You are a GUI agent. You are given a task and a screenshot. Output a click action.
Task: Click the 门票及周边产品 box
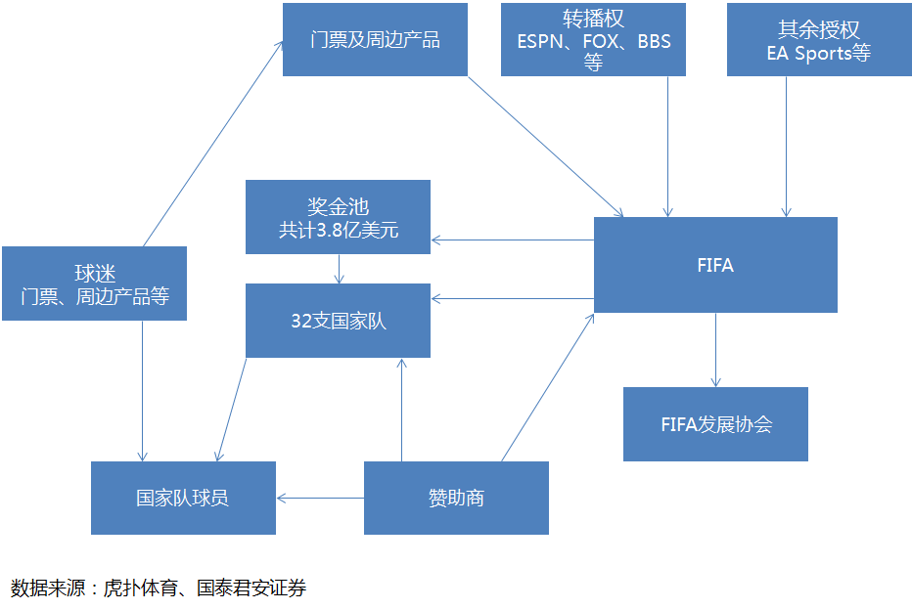[x=375, y=39]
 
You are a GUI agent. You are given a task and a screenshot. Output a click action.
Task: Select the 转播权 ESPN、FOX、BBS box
[x=593, y=39]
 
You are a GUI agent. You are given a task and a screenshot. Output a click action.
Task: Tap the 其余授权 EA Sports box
[x=818, y=39]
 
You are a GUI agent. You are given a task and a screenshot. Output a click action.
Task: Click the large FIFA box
[x=715, y=265]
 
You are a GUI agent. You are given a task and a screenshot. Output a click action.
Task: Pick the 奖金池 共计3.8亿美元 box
[x=338, y=217]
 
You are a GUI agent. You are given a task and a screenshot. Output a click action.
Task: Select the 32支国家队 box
[x=338, y=321]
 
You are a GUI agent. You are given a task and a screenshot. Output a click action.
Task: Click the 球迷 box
[x=94, y=283]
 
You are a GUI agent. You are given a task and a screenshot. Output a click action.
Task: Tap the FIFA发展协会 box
[x=715, y=424]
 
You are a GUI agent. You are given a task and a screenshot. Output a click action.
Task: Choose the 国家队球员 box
[x=183, y=499]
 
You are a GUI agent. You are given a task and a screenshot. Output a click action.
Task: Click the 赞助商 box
[x=456, y=499]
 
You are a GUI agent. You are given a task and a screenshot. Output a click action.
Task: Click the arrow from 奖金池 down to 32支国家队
[x=339, y=269]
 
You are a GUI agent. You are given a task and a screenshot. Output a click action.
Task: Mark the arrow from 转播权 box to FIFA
[x=668, y=147]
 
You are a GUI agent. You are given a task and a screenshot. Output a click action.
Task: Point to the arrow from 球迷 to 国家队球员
[x=143, y=391]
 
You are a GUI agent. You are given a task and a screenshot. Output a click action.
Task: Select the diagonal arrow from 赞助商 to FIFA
[x=548, y=386]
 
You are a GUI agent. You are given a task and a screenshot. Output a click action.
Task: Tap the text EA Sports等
[x=818, y=53]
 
